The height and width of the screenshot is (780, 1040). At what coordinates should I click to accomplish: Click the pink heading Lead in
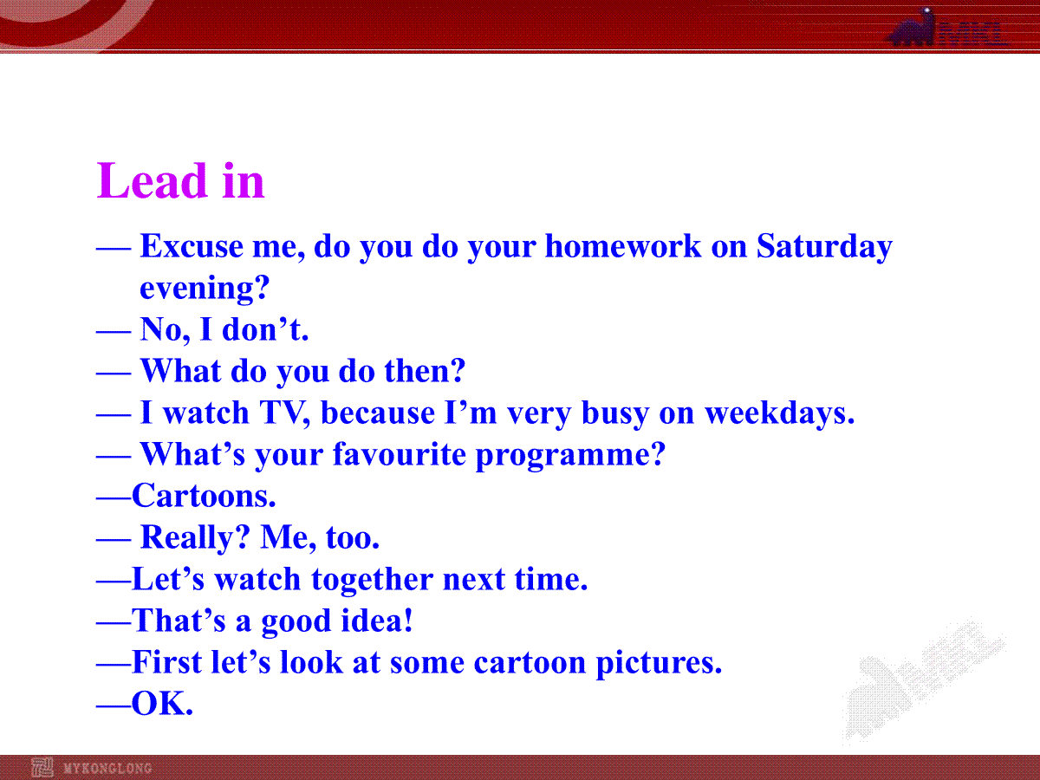click(x=180, y=180)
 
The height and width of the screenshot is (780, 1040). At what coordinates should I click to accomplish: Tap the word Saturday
click(x=824, y=247)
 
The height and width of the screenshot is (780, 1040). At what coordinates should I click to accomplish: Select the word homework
click(x=623, y=246)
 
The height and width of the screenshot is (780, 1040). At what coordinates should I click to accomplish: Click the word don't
click(x=265, y=328)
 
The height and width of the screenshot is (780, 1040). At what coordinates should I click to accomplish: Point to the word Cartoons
click(x=204, y=496)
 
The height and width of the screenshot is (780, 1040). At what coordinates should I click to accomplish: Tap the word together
click(x=372, y=580)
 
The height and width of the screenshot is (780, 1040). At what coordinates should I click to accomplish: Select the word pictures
click(x=659, y=662)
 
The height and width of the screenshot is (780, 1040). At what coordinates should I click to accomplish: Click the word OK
click(x=162, y=703)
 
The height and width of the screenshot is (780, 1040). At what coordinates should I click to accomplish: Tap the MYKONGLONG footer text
click(x=107, y=768)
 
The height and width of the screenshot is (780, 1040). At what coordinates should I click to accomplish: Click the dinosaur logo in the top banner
click(x=912, y=28)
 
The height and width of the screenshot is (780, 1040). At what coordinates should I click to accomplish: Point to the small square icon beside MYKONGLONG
click(x=42, y=768)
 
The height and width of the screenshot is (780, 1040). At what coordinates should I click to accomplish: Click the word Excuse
click(x=192, y=246)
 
